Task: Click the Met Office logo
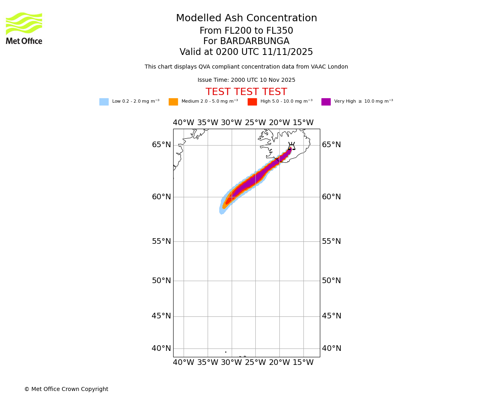[x=24, y=28]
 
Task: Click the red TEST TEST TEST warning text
[x=246, y=92]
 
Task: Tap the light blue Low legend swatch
[x=104, y=101]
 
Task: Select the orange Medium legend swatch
[x=173, y=101]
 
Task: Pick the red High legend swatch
[x=252, y=101]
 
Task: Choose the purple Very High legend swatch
[x=326, y=101]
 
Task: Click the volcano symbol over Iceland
[x=291, y=146]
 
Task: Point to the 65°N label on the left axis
[x=161, y=145]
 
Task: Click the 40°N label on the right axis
[x=331, y=348]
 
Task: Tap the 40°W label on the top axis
[x=184, y=123]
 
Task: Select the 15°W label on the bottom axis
[x=303, y=363]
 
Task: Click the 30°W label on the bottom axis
[x=231, y=363]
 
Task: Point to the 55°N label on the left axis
[x=161, y=241]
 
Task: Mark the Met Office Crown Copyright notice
[x=66, y=389]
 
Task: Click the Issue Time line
[x=246, y=80]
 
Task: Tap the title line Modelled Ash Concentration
[x=246, y=18]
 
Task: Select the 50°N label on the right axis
[x=331, y=281]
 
